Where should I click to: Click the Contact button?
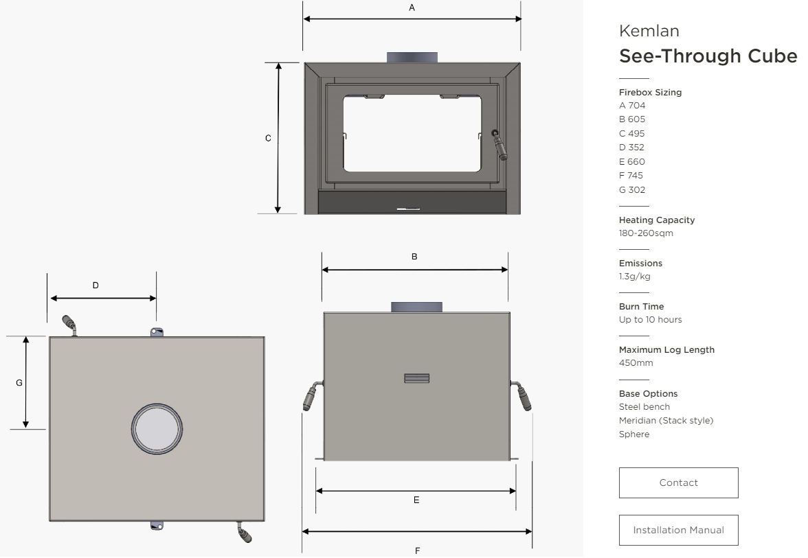(678, 483)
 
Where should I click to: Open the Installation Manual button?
(678, 530)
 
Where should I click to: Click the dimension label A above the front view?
(412, 8)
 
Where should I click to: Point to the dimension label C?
(268, 138)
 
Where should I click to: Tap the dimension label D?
(96, 286)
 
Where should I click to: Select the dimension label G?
(19, 382)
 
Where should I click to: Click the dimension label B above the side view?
(414, 257)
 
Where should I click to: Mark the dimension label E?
(416, 500)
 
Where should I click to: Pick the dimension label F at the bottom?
(418, 550)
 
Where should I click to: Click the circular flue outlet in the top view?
(157, 429)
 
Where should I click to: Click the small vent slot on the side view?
(417, 378)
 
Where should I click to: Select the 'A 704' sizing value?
(632, 106)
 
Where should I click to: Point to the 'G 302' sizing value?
(632, 190)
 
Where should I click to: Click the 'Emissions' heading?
(640, 263)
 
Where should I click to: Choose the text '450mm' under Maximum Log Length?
(636, 363)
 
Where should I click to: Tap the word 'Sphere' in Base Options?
(634, 434)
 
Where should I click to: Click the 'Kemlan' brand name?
(649, 31)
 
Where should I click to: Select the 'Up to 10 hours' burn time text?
(650, 320)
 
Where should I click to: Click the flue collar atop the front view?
(412, 57)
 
